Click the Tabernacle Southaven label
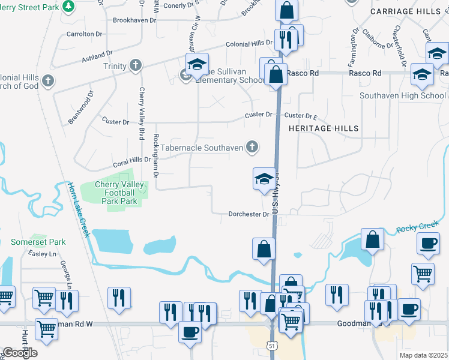(x=202, y=147)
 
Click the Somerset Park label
(x=38, y=242)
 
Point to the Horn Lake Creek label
(x=78, y=210)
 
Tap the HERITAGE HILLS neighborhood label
(x=324, y=128)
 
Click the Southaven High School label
(x=403, y=95)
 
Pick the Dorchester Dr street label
(x=248, y=214)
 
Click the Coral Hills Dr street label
(x=130, y=161)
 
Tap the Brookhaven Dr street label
(x=134, y=20)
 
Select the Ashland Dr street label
(x=98, y=56)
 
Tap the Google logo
(x=19, y=353)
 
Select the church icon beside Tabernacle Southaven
(x=253, y=146)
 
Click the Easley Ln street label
(x=41, y=254)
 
